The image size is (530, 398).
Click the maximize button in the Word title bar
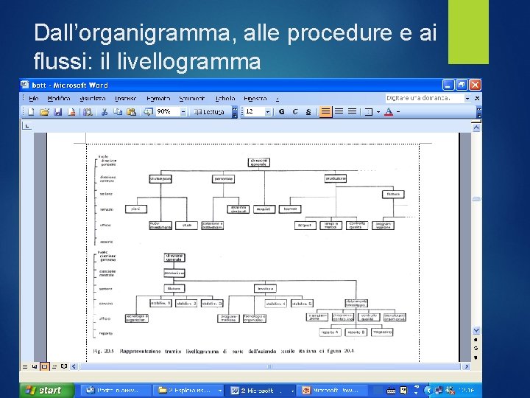coord(462,85)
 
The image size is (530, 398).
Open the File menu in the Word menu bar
coord(34,98)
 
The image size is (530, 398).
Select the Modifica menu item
coord(58,98)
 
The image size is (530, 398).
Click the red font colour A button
coord(388,112)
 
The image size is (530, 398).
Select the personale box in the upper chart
coord(224,178)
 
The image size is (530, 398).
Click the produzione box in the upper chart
coord(335,178)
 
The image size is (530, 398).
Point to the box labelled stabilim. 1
coord(160,303)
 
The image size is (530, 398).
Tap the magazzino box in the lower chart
coord(381,332)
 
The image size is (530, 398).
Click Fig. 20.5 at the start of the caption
coord(102,350)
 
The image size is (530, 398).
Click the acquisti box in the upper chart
coord(262,209)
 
